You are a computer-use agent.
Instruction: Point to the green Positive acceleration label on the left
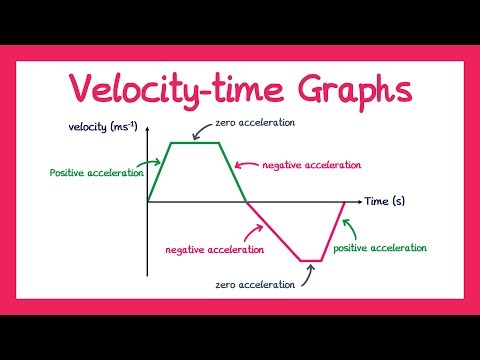[x=97, y=172]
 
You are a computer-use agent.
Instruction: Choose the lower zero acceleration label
[x=255, y=284]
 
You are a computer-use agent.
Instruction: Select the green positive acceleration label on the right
[x=380, y=247]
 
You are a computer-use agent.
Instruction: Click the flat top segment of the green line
[x=196, y=143]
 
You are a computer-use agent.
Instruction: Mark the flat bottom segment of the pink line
[x=312, y=261]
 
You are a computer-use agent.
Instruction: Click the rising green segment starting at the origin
[x=160, y=172]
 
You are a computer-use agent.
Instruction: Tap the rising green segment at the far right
[x=334, y=231]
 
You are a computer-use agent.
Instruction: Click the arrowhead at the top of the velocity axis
[x=147, y=136]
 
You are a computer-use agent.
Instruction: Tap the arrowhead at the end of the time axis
[x=358, y=202]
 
